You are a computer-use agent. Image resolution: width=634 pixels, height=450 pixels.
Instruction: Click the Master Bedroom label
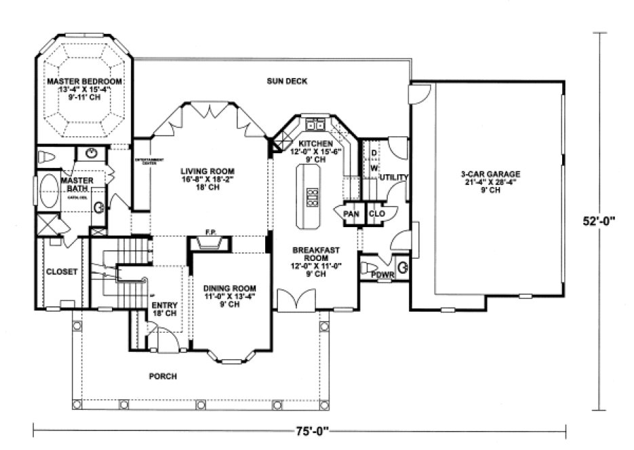pyautogui.click(x=85, y=81)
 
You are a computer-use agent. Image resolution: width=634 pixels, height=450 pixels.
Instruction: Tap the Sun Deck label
pyautogui.click(x=287, y=81)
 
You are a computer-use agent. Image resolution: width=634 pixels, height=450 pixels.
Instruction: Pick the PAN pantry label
pyautogui.click(x=351, y=214)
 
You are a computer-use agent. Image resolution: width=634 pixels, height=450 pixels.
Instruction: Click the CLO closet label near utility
pyautogui.click(x=377, y=214)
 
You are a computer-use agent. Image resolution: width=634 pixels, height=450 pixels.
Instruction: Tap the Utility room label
pyautogui.click(x=394, y=178)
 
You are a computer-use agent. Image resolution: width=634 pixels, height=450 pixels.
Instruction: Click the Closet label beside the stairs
pyautogui.click(x=62, y=272)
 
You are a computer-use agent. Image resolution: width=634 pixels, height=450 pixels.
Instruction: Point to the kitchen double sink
pyautogui.click(x=315, y=125)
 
